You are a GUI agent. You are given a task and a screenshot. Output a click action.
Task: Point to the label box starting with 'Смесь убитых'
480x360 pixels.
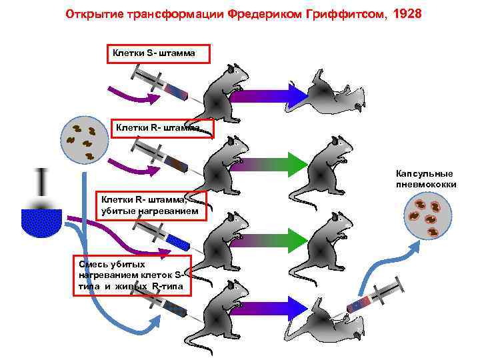click(x=133, y=275)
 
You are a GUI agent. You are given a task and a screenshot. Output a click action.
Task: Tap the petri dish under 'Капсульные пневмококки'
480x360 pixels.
click(x=425, y=218)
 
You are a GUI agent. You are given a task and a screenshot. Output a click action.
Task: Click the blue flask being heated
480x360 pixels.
click(x=41, y=221)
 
